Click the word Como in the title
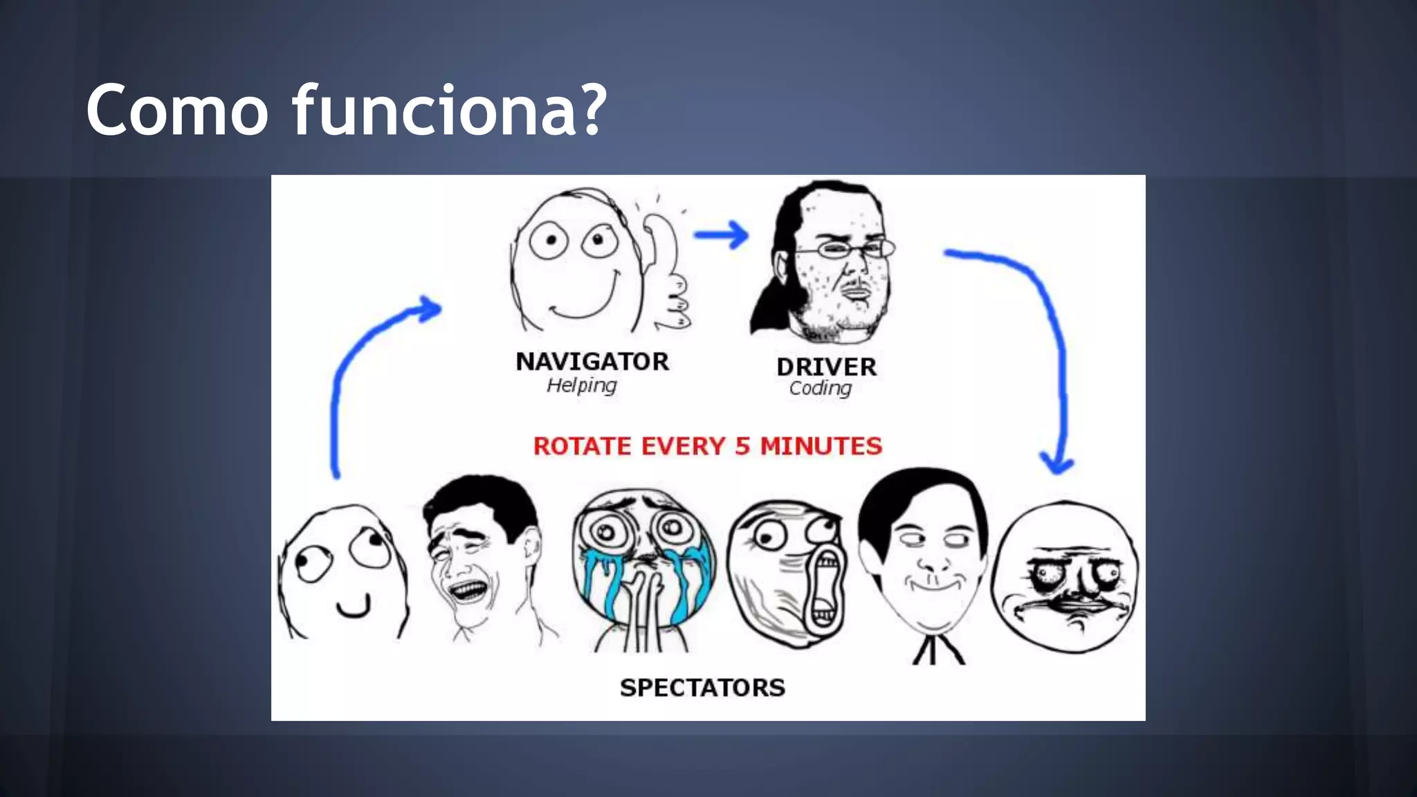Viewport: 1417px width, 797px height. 177,110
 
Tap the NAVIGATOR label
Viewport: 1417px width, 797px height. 592,361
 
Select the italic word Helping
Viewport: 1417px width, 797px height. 581,385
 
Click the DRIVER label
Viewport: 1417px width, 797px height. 826,366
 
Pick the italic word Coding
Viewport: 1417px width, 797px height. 820,388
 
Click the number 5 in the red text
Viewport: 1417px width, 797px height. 742,446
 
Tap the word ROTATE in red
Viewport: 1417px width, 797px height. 582,446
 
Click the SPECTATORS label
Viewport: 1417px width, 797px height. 702,687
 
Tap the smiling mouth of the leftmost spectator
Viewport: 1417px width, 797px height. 354,610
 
